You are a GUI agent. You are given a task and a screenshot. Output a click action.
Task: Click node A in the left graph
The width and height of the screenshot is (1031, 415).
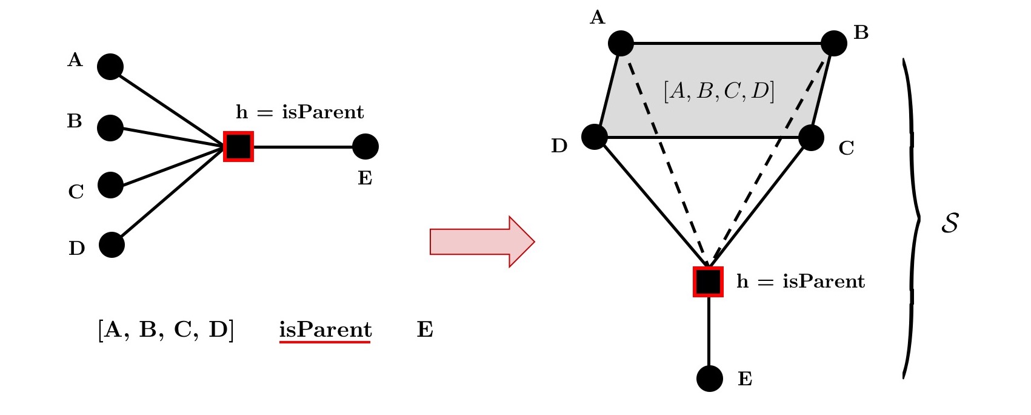pyautogui.click(x=110, y=67)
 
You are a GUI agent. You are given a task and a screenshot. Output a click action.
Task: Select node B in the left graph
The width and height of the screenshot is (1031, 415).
pyautogui.click(x=110, y=128)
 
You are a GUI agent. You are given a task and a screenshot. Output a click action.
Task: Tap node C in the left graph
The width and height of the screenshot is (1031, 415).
pyautogui.click(x=110, y=185)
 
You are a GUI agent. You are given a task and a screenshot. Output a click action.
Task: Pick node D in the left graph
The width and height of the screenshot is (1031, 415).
pyautogui.click(x=112, y=245)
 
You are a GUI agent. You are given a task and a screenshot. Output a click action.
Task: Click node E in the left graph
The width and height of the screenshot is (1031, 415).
pyautogui.click(x=365, y=147)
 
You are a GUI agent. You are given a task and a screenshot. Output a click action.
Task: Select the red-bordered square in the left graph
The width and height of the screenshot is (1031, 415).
pyautogui.click(x=238, y=146)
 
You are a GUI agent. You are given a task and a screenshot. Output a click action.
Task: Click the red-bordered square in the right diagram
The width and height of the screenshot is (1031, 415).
pyautogui.click(x=709, y=282)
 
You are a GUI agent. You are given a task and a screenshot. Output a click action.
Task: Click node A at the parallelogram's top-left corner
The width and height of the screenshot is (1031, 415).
pyautogui.click(x=621, y=44)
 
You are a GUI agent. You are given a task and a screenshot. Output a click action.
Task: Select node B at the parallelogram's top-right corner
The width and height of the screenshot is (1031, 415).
pyautogui.click(x=834, y=44)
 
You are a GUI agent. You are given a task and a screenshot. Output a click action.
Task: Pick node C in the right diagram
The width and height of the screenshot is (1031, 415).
pyautogui.click(x=811, y=138)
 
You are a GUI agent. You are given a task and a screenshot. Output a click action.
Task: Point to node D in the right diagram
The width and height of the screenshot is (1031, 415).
pyautogui.click(x=595, y=137)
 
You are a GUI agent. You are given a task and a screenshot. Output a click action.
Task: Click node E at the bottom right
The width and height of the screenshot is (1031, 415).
pyautogui.click(x=710, y=379)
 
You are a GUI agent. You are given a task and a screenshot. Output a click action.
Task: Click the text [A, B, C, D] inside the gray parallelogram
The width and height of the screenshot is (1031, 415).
pyautogui.click(x=719, y=91)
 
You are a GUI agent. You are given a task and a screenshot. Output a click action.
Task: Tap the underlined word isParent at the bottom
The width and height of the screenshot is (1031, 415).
pyautogui.click(x=325, y=329)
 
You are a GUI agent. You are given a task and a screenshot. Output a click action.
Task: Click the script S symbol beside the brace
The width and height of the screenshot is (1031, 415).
pyautogui.click(x=950, y=223)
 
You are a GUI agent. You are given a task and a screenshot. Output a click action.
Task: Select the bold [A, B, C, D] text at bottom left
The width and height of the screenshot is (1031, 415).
pyautogui.click(x=165, y=329)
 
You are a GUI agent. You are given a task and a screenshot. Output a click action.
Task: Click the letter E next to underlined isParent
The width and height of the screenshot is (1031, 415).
pyautogui.click(x=425, y=329)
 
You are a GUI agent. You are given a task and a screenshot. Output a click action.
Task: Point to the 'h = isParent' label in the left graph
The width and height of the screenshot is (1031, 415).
pyautogui.click(x=300, y=112)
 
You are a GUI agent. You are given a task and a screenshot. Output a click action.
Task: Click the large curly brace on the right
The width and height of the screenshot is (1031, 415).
pyautogui.click(x=912, y=218)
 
